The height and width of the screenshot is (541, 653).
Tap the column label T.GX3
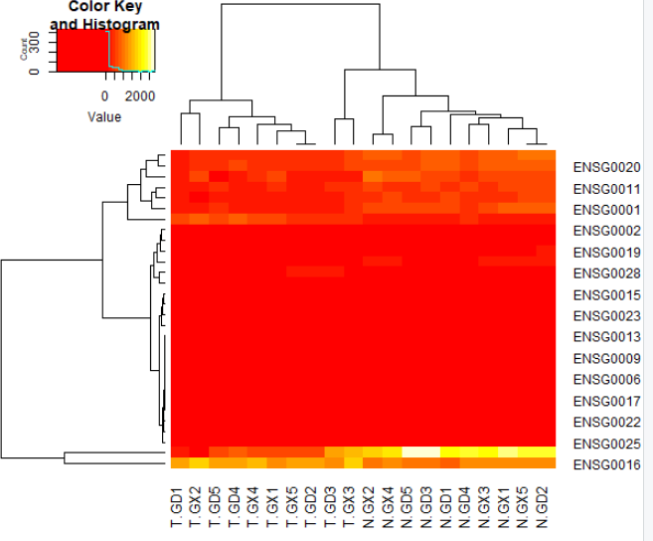point(352,507)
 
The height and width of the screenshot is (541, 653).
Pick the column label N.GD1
point(447,507)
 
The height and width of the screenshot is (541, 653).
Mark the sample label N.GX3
point(486,507)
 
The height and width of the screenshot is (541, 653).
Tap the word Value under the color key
point(104,116)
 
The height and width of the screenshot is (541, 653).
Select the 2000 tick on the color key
point(139,96)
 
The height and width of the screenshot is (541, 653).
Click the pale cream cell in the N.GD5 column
point(409,451)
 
